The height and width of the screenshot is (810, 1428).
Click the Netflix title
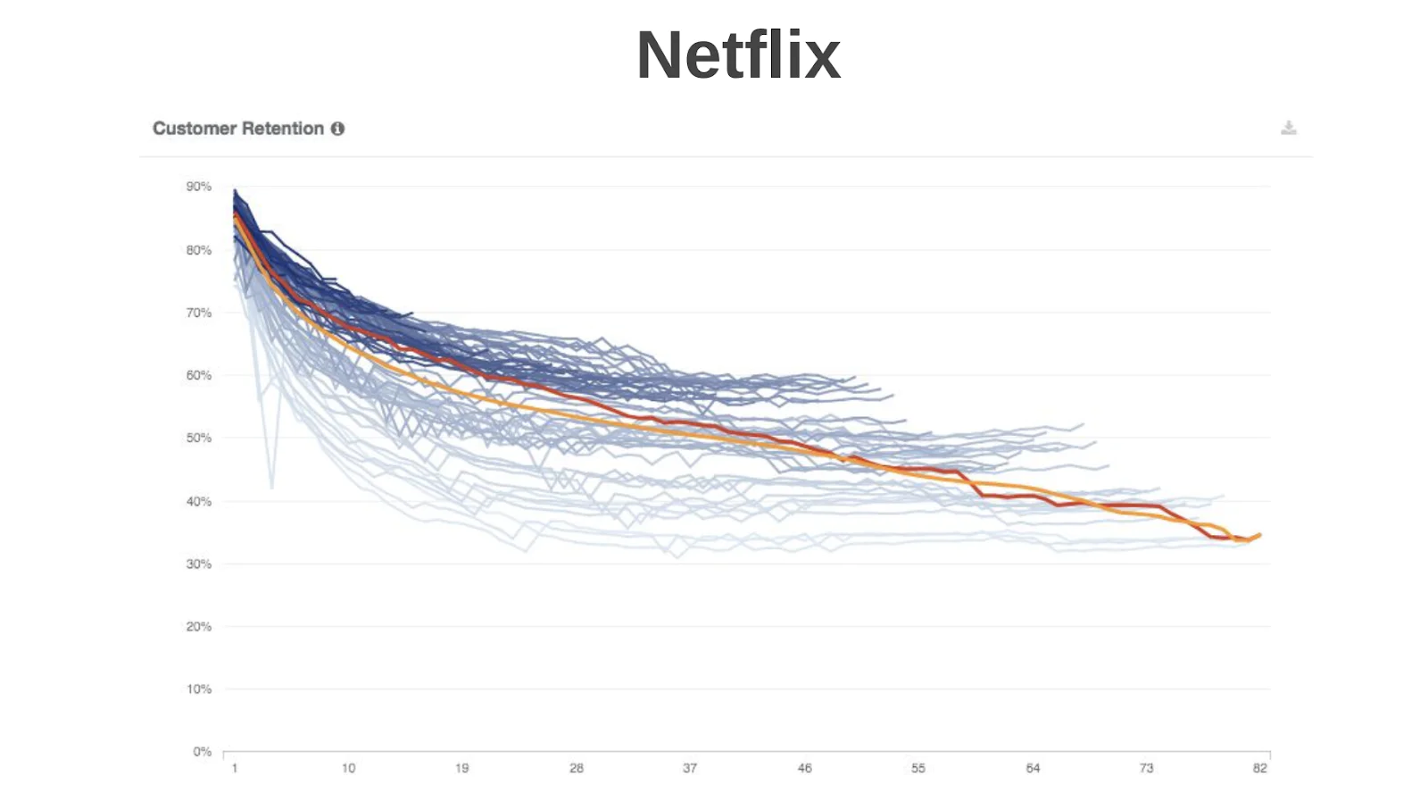[x=738, y=55]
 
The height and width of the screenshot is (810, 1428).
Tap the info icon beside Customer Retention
[x=337, y=129]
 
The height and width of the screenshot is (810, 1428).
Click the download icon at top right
[x=1288, y=128]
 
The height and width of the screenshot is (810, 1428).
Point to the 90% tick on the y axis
[x=198, y=187]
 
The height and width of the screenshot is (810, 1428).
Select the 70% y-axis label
[x=198, y=313]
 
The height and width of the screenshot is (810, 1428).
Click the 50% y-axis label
[x=198, y=438]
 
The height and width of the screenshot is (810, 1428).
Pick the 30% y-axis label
[x=198, y=564]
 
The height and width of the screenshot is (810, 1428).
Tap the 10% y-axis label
[x=198, y=689]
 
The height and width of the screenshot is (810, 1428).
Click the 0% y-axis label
[x=202, y=751]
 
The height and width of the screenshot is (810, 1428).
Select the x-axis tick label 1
[x=235, y=768]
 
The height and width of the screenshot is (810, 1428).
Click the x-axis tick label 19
[x=461, y=768]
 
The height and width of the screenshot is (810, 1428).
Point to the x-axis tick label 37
[x=690, y=768]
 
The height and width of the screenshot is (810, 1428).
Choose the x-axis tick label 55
[x=918, y=768]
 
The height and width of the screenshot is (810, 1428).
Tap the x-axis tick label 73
[x=1146, y=768]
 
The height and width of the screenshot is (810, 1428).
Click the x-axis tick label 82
[x=1259, y=768]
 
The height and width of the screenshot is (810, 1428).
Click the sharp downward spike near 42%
[x=272, y=487]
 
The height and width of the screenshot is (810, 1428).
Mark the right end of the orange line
[x=1259, y=535]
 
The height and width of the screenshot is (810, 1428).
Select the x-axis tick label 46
[x=804, y=768]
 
